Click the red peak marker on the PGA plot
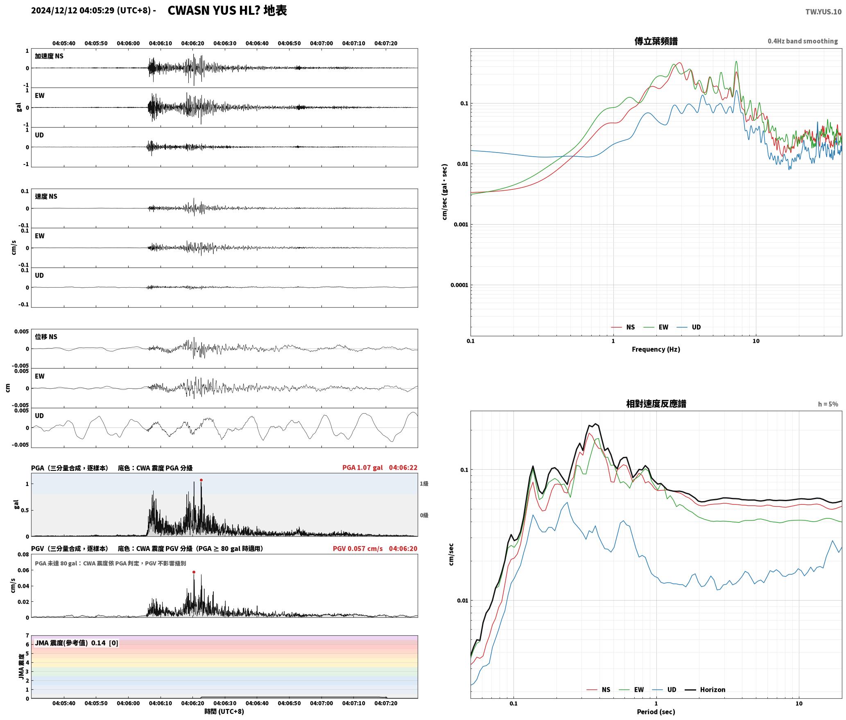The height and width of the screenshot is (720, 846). [x=201, y=480]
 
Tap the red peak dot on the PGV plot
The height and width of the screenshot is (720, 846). [x=194, y=572]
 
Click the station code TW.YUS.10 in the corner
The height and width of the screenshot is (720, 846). [x=823, y=11]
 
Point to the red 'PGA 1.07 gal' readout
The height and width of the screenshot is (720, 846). [x=362, y=467]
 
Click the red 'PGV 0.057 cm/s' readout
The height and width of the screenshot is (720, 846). [x=357, y=548]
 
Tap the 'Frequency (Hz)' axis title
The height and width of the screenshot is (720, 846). [x=656, y=349]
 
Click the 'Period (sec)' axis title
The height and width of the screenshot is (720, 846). [x=656, y=711]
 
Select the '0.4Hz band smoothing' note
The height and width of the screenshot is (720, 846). [x=803, y=41]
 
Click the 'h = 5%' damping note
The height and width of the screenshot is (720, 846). [x=828, y=404]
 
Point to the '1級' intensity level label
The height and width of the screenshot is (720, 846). [x=424, y=484]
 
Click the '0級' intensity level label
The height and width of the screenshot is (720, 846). [x=424, y=515]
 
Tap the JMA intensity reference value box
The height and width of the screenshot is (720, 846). [x=77, y=643]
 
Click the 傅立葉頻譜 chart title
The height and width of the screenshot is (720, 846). [x=656, y=41]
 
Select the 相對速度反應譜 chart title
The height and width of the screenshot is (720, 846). [x=656, y=403]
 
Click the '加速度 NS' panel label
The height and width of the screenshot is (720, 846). [x=49, y=56]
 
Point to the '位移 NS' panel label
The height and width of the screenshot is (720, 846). [x=46, y=337]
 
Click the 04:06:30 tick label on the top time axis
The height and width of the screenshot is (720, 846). [x=225, y=43]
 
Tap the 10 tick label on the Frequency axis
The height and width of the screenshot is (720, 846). [x=756, y=341]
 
